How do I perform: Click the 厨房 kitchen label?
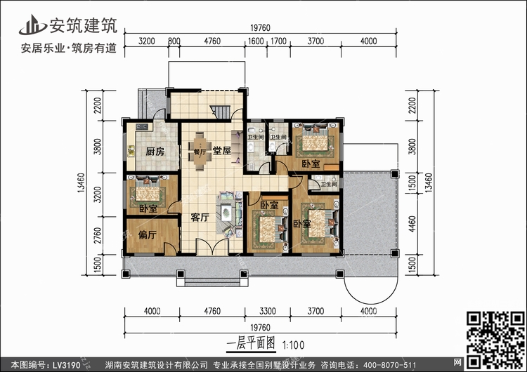[x=155, y=152]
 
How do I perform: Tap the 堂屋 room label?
[x=222, y=151]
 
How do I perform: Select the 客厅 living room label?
[x=200, y=218]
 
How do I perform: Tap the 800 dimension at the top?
[x=174, y=41]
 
